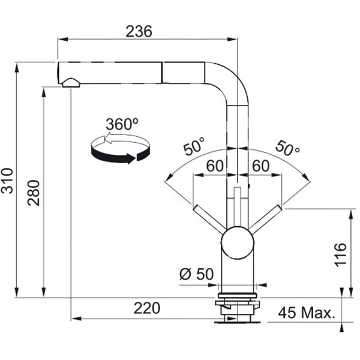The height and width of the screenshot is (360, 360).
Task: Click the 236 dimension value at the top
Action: pyautogui.click(x=139, y=31)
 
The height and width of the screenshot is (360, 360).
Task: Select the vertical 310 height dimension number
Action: pyautogui.click(x=7, y=181)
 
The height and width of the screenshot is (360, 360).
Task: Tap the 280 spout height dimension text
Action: pyautogui.click(x=34, y=193)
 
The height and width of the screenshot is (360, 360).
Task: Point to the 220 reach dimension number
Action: pyautogui.click(x=147, y=308)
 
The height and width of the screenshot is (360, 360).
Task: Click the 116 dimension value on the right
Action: pyautogui.click(x=340, y=254)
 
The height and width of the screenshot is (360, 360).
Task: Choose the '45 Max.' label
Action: pyautogui.click(x=307, y=313)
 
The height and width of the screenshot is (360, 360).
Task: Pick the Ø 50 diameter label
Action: pyautogui.click(x=197, y=274)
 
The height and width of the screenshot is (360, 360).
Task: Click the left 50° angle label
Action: pyautogui.click(x=194, y=146)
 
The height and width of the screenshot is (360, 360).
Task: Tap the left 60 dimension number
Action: pyautogui.click(x=215, y=166)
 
